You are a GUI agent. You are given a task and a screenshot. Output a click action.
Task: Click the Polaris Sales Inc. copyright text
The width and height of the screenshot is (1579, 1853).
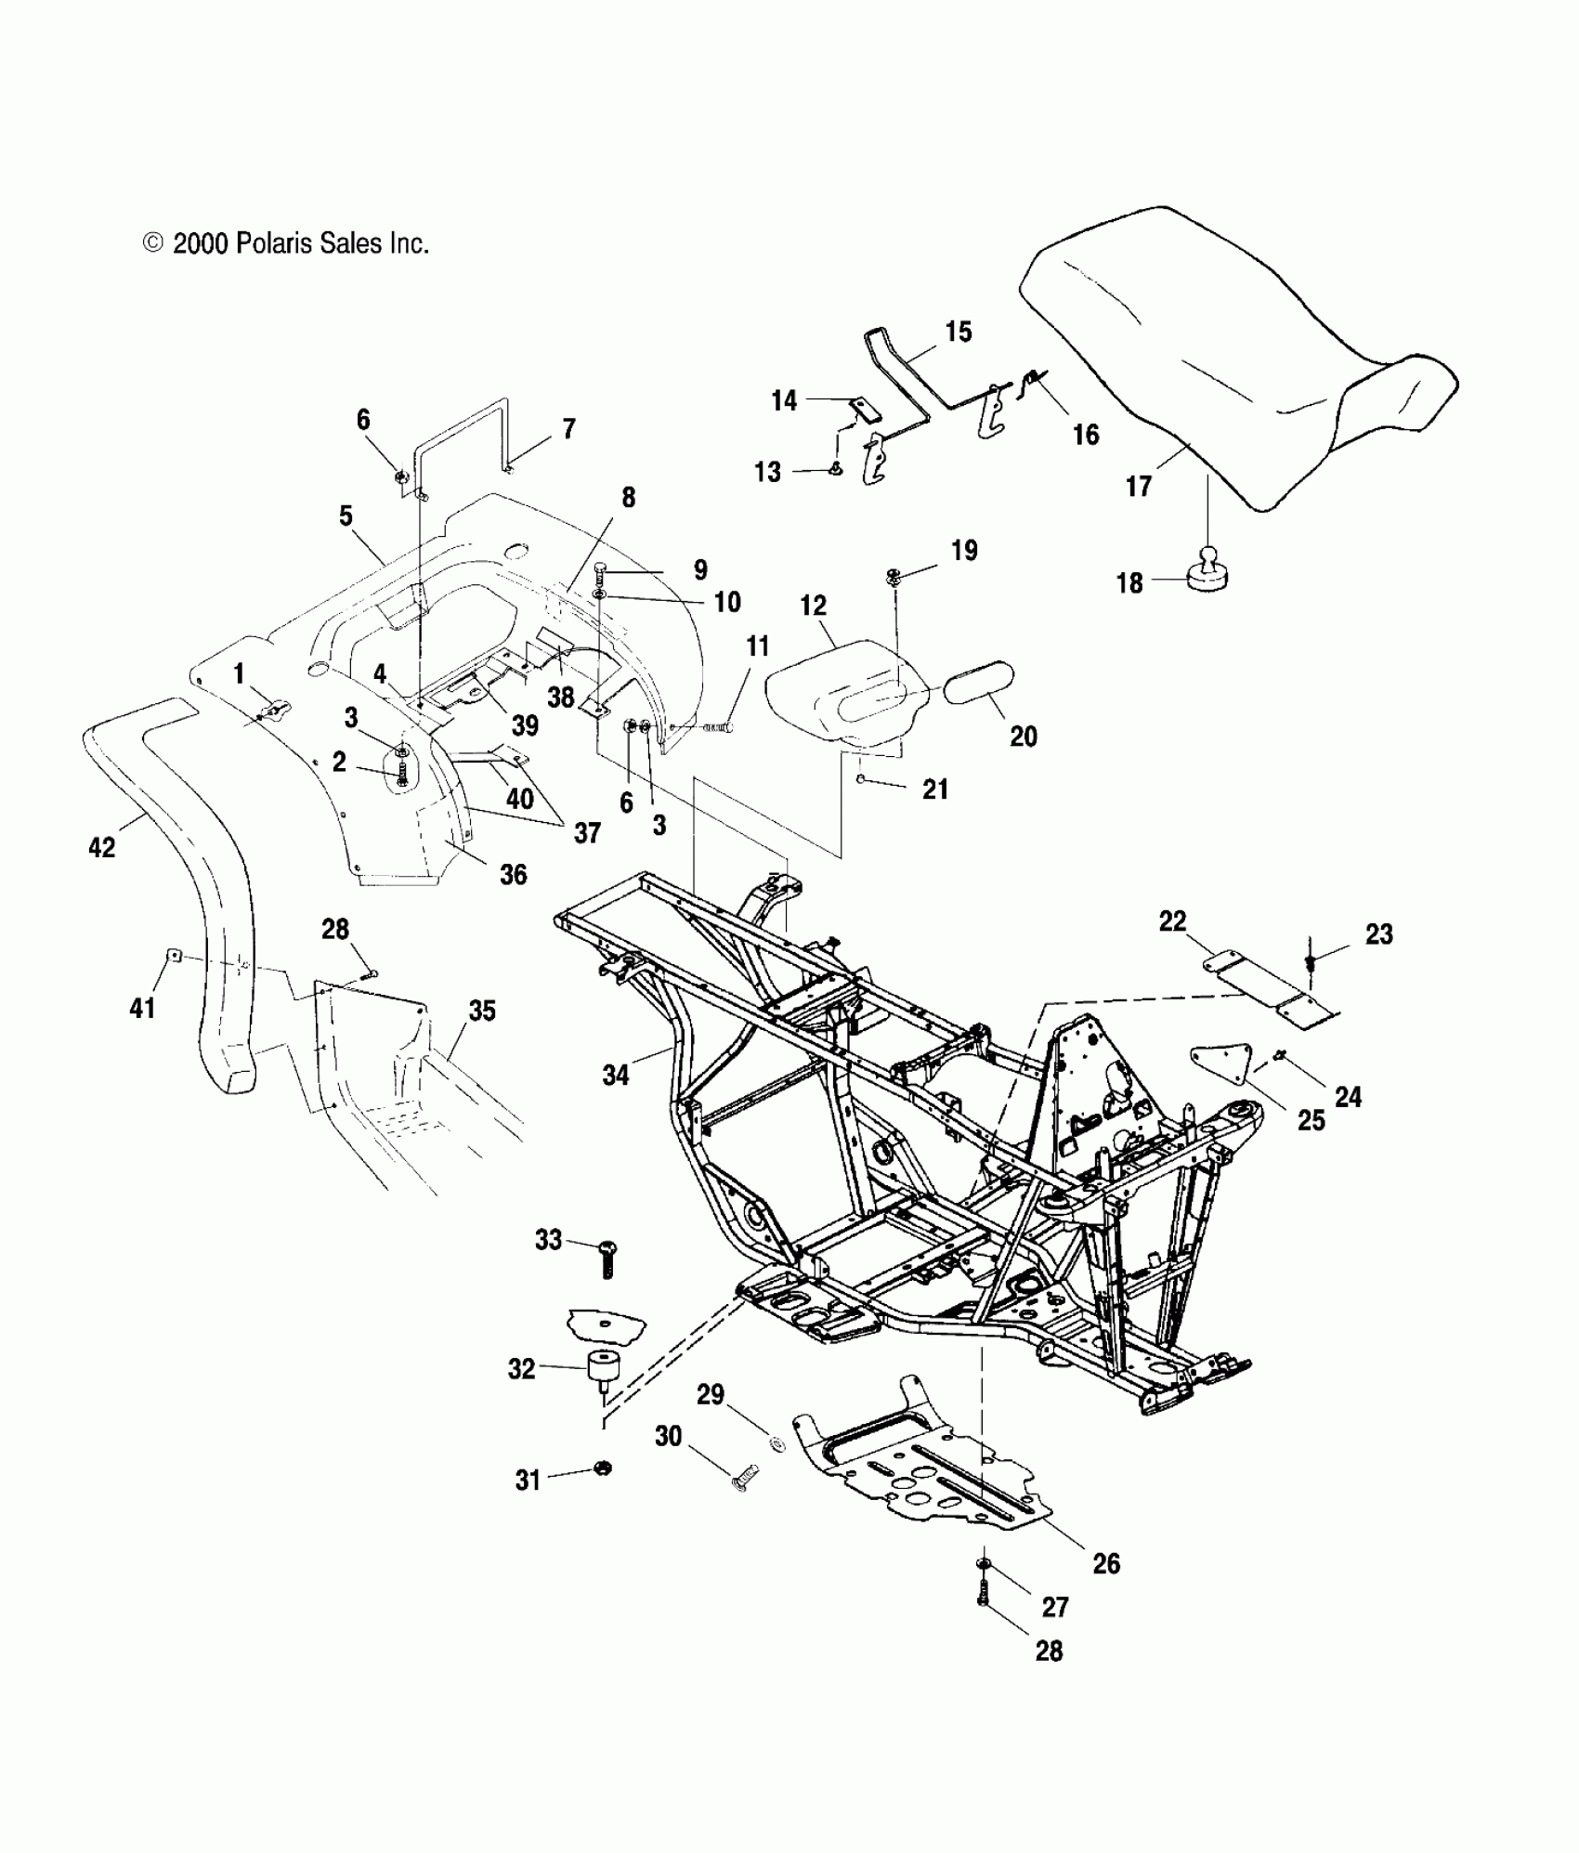(x=286, y=244)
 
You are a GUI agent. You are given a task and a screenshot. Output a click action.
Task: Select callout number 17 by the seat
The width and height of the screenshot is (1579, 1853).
(x=1139, y=486)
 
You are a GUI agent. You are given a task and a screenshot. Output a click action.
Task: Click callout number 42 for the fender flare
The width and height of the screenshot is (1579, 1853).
(x=102, y=846)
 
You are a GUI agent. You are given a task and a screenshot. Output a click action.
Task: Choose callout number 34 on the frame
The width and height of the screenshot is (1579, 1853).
(x=615, y=1075)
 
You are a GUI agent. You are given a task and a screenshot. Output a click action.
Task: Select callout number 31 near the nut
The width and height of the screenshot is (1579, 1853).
(x=528, y=1480)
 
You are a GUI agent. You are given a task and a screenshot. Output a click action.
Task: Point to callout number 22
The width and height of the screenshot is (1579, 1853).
(x=1172, y=920)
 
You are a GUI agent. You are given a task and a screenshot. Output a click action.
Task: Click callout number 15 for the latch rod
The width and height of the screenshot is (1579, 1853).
(x=959, y=332)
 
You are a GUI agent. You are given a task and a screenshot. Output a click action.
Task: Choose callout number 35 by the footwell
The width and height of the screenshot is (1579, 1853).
(x=482, y=1011)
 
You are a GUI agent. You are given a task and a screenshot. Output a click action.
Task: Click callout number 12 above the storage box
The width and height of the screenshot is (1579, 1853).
(x=813, y=606)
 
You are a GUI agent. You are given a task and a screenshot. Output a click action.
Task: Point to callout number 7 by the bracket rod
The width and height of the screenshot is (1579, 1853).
(x=568, y=428)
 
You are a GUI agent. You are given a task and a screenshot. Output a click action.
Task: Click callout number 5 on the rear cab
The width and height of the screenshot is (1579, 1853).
(x=346, y=515)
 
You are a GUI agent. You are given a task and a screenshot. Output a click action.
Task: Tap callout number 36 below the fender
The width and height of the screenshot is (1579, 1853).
(x=513, y=873)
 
